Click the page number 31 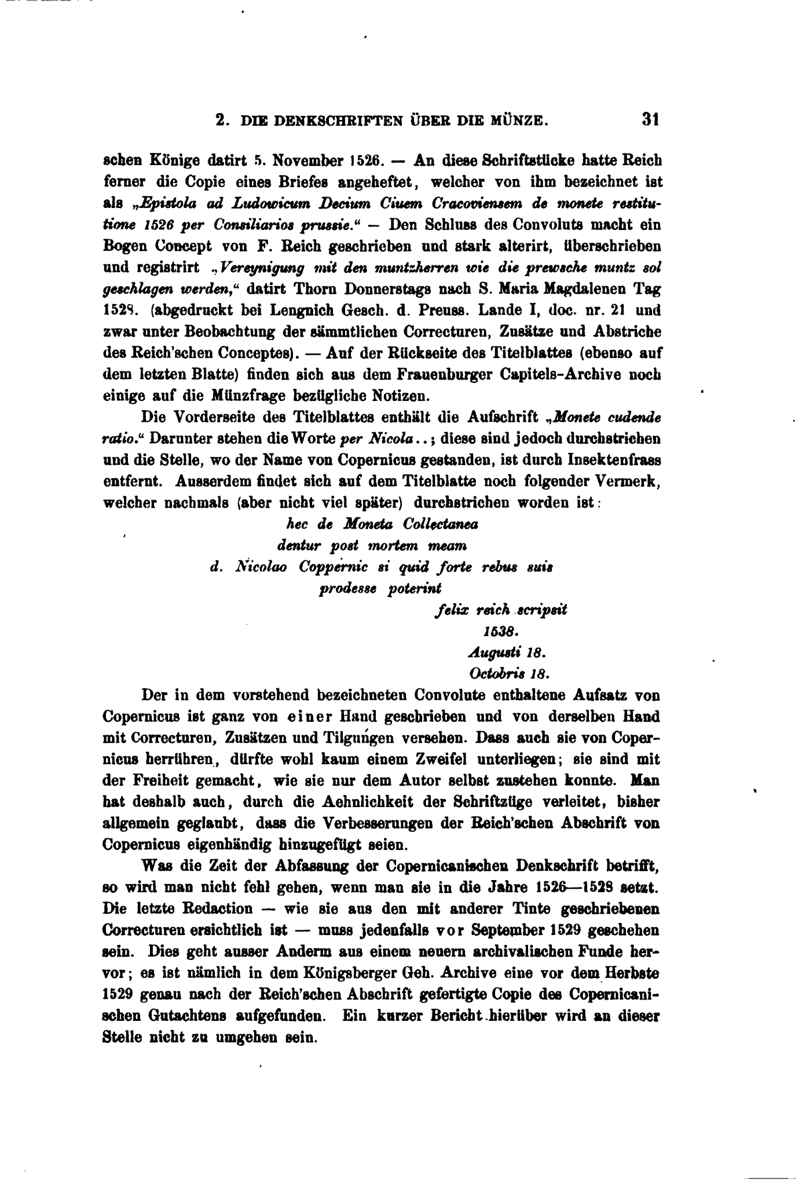click(650, 120)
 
